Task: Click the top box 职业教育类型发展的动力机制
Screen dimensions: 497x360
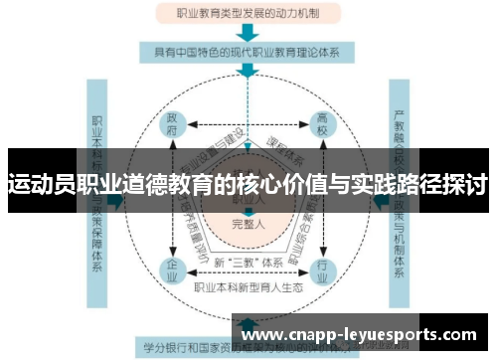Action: [x=248, y=14]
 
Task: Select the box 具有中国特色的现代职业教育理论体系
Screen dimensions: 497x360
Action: [x=248, y=52]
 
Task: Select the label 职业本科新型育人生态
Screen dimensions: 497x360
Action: [x=248, y=288]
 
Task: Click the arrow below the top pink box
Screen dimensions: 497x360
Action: [x=248, y=32]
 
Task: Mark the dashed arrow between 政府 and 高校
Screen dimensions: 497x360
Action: [x=248, y=126]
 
